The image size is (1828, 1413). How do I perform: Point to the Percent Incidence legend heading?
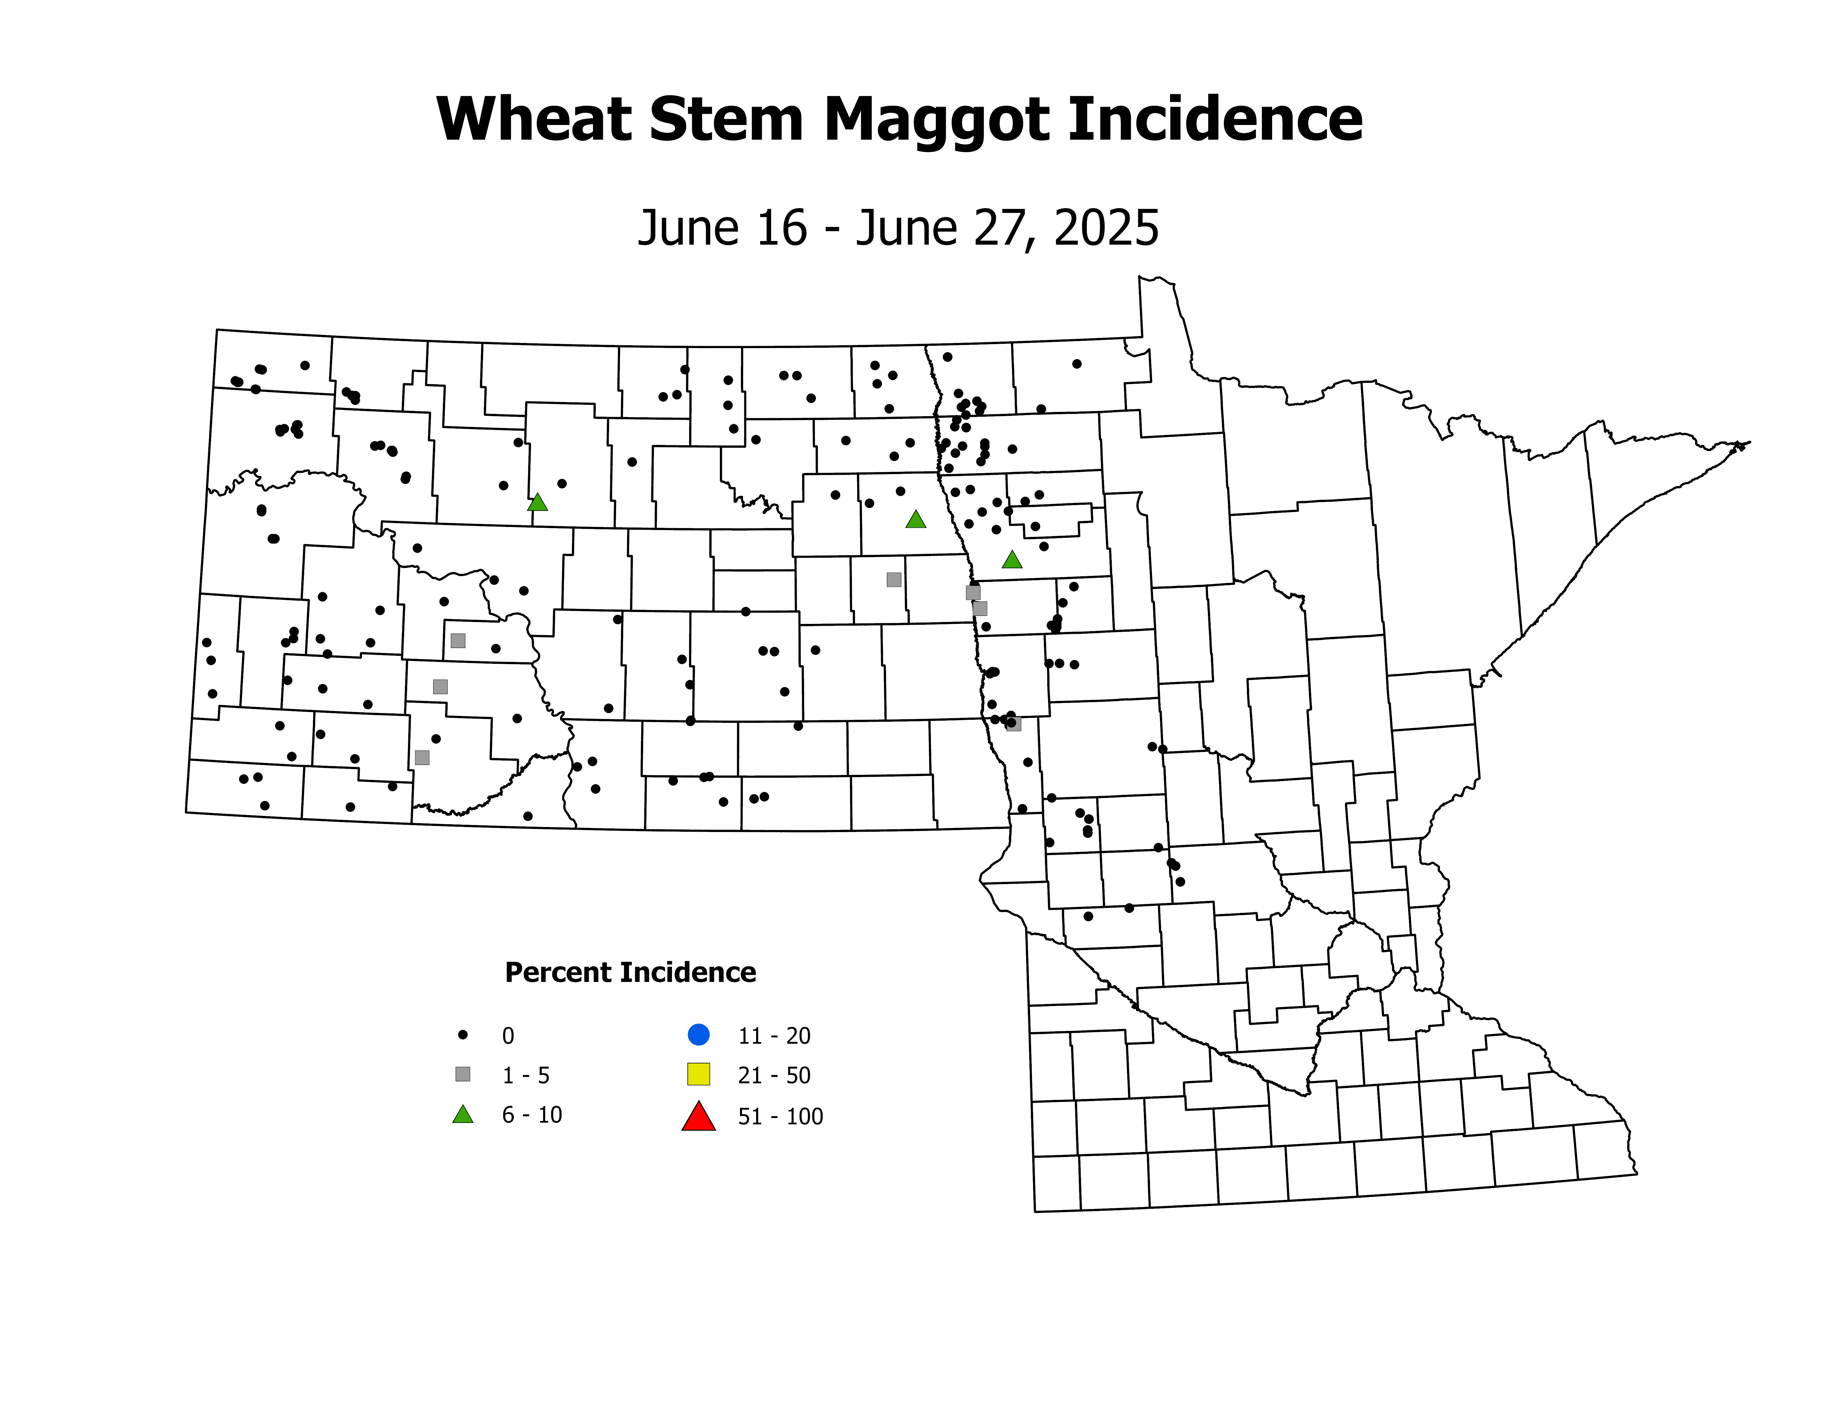tap(630, 973)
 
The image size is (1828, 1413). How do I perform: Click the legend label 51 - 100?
tap(780, 1117)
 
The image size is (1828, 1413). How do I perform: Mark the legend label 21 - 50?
tap(774, 1076)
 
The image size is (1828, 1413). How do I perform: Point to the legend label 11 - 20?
tap(774, 1036)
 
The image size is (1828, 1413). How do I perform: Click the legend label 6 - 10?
tap(532, 1115)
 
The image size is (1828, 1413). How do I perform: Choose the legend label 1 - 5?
tap(526, 1076)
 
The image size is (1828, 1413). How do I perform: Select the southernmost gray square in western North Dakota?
tap(423, 757)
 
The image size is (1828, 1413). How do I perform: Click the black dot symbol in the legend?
tap(463, 1035)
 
